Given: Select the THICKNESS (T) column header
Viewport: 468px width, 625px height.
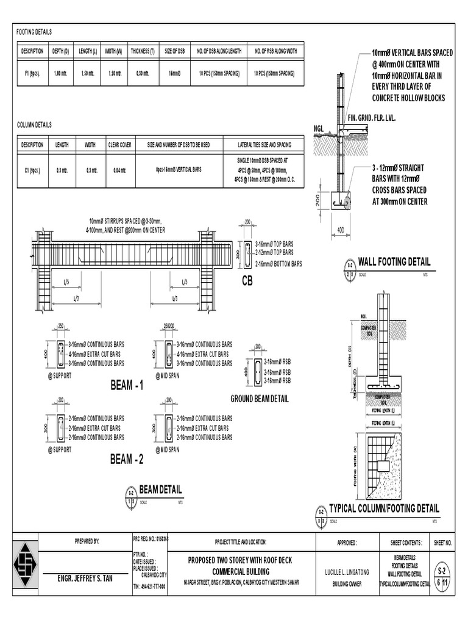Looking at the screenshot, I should click(142, 51).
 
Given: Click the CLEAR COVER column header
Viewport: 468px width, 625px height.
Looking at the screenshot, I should click(119, 145).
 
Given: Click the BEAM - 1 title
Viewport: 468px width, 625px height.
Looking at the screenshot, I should click(127, 386).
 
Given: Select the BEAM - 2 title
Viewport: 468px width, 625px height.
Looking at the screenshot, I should click(127, 460).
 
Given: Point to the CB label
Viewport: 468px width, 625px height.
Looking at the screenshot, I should click(248, 280).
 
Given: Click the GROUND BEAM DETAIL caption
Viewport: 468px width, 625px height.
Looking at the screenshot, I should click(259, 399).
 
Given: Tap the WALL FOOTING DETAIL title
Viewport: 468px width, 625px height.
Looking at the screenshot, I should click(394, 262).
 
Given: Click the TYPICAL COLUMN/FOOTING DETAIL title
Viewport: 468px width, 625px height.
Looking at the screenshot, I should click(383, 508).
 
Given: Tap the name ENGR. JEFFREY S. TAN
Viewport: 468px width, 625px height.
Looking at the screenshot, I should click(85, 577).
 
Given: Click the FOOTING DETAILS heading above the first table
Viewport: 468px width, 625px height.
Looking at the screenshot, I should click(34, 32).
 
